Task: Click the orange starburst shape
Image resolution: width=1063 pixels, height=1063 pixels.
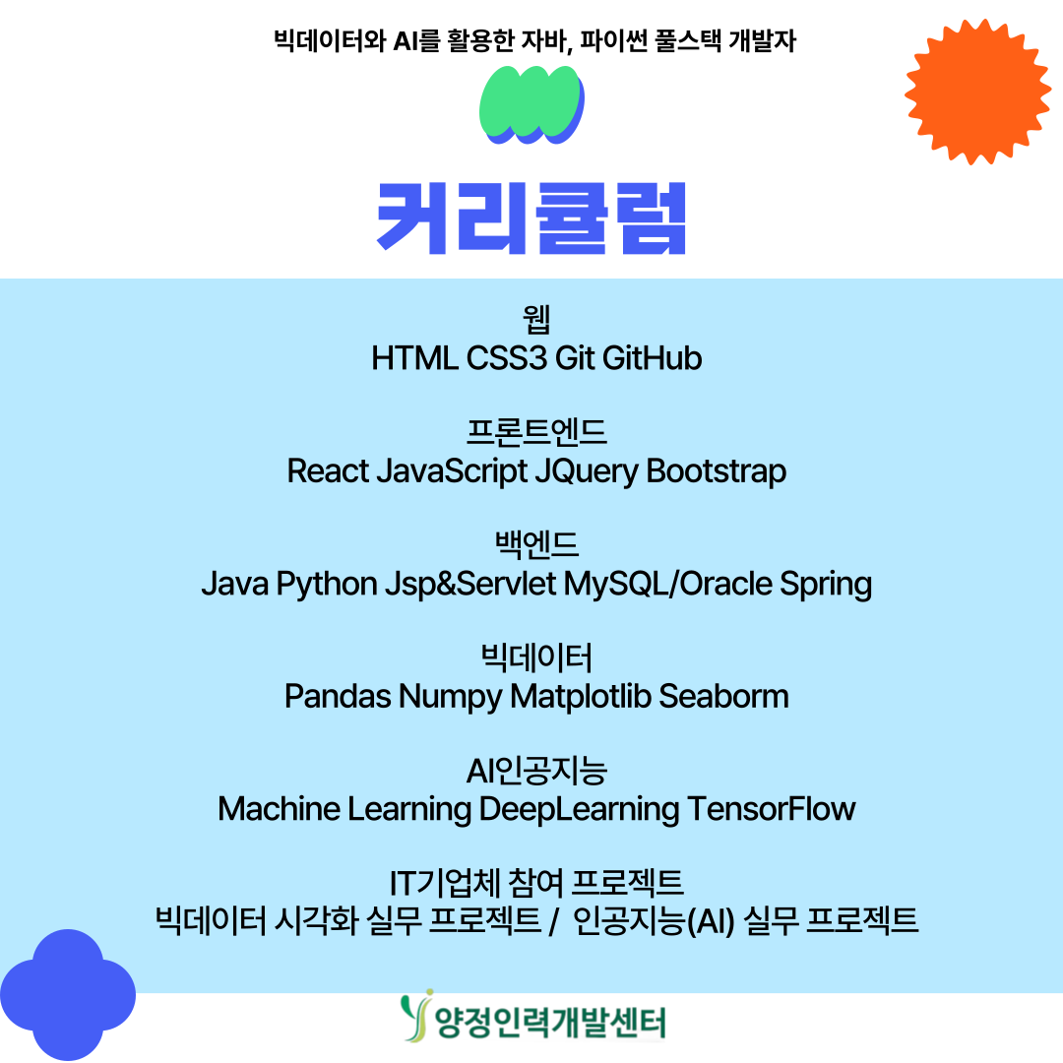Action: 977,92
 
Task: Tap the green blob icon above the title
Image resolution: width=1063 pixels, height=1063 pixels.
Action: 531,105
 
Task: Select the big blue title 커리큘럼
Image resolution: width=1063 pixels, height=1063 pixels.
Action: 531,219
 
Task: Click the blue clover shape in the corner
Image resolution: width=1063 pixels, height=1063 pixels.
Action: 68,994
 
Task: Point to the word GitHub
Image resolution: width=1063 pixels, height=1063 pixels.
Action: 652,358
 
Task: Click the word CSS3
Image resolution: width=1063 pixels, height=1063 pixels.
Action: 506,358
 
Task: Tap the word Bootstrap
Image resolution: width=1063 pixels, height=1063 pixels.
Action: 716,471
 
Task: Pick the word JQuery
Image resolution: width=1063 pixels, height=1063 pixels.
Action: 587,472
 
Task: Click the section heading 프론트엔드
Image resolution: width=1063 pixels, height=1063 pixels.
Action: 536,432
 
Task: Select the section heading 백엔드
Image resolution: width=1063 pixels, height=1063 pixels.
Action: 536,544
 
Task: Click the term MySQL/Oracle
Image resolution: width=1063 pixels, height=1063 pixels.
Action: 667,584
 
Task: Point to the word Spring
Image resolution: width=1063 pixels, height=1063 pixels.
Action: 826,585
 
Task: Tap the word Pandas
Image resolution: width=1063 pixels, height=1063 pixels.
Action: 338,696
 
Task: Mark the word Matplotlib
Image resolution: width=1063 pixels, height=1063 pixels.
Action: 581,697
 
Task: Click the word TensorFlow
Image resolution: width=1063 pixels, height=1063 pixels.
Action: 772,809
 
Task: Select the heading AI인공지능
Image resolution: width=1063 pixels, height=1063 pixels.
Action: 536,771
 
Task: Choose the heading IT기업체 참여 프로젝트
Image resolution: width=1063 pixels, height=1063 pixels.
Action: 536,883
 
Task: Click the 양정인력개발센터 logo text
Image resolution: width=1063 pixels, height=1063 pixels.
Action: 550,1023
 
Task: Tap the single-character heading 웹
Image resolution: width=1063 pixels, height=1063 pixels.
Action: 536,319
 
